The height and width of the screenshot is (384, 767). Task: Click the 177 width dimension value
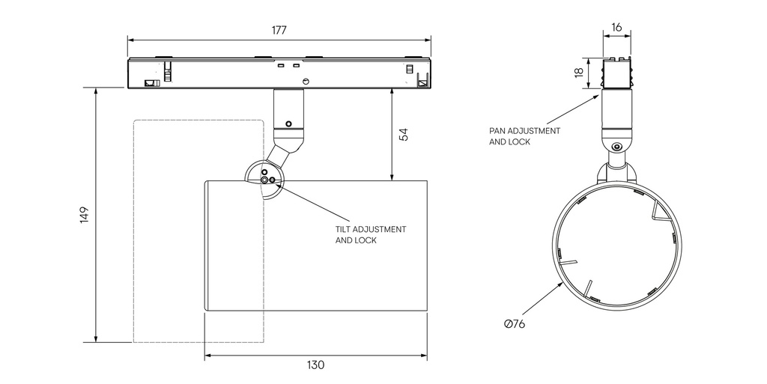pos(279,31)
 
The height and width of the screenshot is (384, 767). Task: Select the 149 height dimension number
pos(84,214)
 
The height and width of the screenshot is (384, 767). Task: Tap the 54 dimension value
pos(403,135)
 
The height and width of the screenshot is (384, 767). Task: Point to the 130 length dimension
pos(315,365)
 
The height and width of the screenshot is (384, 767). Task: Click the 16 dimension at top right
pos(616,27)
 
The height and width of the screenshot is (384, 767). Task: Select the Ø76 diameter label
pos(515,324)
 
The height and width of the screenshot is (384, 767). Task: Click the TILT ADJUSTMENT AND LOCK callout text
pos(370,234)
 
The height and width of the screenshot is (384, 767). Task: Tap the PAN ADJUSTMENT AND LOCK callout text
pos(524,135)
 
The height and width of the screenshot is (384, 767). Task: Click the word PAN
pos(498,130)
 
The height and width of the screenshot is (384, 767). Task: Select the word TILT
pos(343,228)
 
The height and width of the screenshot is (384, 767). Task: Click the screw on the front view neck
pos(616,147)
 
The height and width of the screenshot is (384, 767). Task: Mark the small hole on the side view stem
pos(288,124)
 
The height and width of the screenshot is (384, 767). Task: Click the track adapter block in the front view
pos(616,73)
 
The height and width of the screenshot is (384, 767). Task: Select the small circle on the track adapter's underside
pos(306,81)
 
